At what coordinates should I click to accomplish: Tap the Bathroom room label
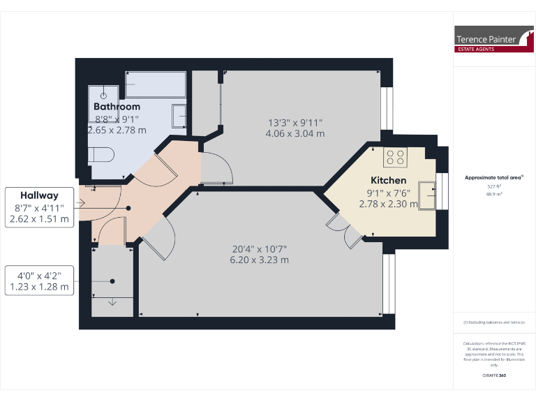(x=117, y=107)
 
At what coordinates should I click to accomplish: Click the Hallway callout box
(x=39, y=207)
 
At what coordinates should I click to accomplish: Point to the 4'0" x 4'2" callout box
(x=39, y=280)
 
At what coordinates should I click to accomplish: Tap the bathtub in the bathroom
(x=155, y=85)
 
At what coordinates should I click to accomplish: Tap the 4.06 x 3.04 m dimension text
(x=295, y=133)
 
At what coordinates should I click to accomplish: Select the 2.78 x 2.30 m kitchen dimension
(x=388, y=204)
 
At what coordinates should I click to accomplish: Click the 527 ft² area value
(x=494, y=187)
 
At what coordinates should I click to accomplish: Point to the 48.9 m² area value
(x=494, y=195)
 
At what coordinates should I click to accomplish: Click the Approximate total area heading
(x=493, y=178)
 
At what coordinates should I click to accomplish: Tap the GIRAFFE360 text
(x=494, y=375)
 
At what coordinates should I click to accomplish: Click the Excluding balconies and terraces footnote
(x=494, y=322)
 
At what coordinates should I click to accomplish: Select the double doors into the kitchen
(x=344, y=232)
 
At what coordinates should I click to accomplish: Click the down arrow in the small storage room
(x=112, y=301)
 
